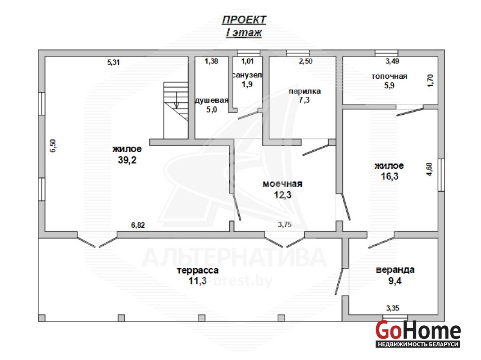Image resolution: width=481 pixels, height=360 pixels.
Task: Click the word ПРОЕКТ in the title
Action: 244,20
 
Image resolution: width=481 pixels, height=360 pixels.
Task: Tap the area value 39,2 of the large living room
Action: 127,160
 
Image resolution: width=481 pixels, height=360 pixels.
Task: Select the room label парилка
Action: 304,91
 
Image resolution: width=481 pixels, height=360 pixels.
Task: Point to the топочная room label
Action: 389,76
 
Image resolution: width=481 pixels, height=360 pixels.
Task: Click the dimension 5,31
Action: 113,62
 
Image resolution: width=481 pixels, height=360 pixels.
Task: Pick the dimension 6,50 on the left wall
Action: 53,146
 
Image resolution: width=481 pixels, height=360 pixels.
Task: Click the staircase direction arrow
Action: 177,100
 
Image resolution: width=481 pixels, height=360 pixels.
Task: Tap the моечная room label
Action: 282,184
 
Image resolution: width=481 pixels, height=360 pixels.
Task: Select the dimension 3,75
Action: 285,225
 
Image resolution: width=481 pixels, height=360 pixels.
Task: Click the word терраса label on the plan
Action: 198,270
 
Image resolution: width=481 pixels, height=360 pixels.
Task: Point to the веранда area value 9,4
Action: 395,281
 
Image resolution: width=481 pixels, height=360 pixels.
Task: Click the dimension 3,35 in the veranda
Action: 393,308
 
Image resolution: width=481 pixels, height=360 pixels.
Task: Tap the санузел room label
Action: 247,75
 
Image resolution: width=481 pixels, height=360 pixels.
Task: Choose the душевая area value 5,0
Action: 211,109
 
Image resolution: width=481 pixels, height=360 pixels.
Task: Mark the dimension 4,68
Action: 429,169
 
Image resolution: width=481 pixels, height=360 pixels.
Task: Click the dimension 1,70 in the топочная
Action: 431,81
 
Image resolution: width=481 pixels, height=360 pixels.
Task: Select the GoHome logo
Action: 418,334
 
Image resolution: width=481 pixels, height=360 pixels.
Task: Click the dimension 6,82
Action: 138,225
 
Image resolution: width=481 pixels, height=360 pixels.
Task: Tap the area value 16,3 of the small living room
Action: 390,176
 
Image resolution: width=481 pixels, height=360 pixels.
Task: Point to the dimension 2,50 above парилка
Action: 305,61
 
